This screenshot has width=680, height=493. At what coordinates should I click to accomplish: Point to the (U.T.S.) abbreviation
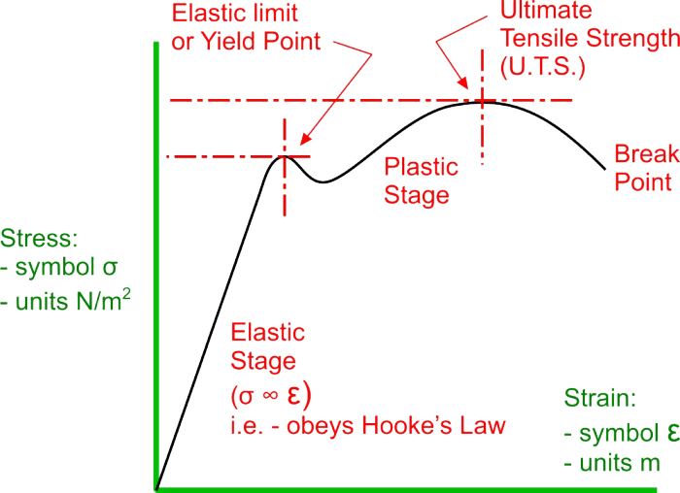coord(544,66)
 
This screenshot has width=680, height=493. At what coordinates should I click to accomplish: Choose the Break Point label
coord(643,168)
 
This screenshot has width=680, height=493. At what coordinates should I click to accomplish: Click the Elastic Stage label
coord(267,347)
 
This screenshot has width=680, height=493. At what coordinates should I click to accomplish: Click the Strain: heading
coord(600,399)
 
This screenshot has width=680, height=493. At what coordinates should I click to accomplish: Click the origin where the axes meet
coord(156,486)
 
